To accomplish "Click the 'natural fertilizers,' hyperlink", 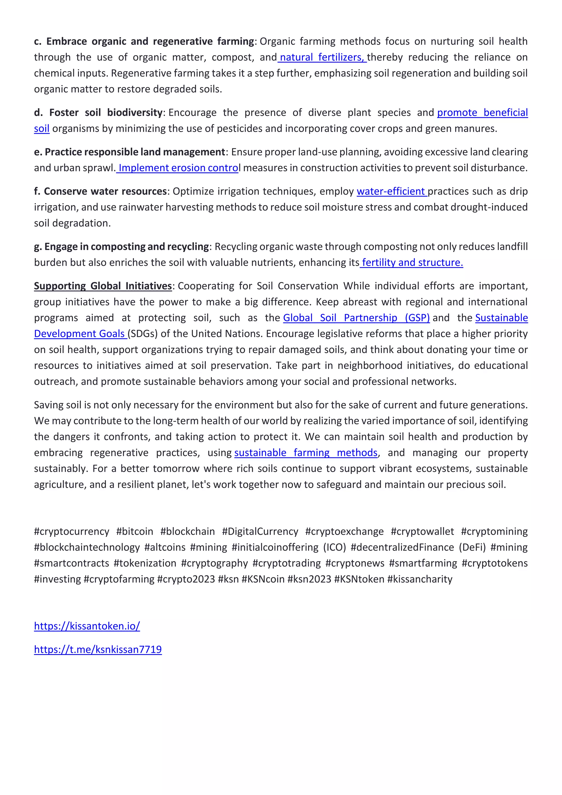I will (322, 57).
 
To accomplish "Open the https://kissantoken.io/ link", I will (87, 626).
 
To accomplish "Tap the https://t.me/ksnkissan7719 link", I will (98, 649).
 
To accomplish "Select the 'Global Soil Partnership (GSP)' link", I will (356, 318).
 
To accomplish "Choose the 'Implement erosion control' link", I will (178, 168).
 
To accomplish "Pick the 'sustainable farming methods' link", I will (306, 453).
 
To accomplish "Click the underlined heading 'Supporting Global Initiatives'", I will (103, 286).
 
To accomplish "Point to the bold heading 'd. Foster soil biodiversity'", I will (98, 113).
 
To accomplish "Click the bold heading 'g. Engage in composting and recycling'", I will (121, 247).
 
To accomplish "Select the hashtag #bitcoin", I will (135, 531).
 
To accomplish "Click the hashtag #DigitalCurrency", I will (260, 531).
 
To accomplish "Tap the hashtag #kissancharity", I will (420, 579).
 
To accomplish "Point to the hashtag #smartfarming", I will (423, 563).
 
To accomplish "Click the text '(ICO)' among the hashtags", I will (335, 547).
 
